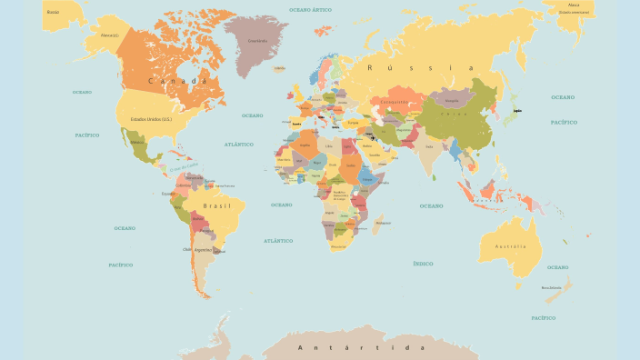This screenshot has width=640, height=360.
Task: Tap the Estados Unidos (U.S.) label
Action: click(152, 119)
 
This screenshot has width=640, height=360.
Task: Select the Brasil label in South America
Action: click(216, 206)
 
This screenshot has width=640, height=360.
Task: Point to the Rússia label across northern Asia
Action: click(420, 68)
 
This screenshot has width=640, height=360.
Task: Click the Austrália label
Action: click(510, 246)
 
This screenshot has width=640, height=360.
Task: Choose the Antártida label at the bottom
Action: click(362, 347)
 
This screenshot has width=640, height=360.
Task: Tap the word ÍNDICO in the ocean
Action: click(423, 264)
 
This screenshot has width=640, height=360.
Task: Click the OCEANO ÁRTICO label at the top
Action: click(310, 9)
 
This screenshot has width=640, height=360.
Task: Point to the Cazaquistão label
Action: click(395, 102)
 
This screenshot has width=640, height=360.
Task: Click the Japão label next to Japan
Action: click(518, 111)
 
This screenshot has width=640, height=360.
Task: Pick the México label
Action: click(138, 142)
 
